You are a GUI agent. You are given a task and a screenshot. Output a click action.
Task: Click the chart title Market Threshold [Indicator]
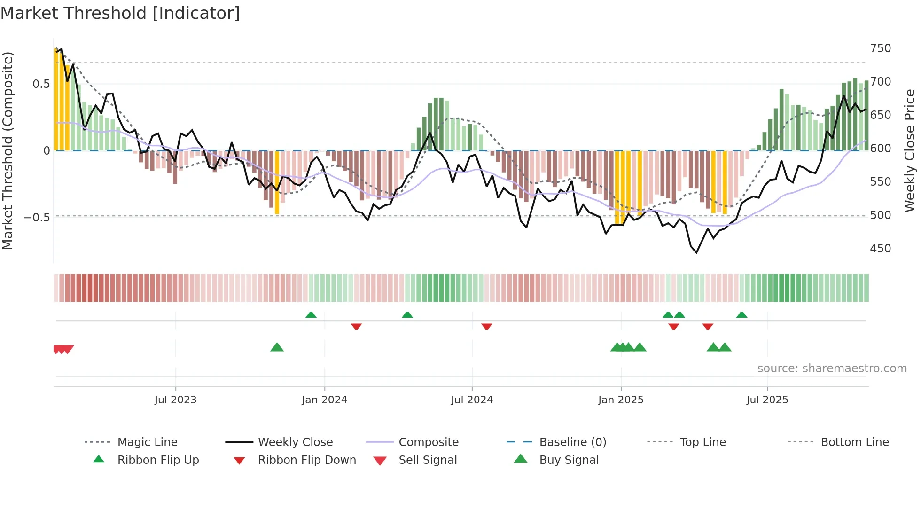click(120, 13)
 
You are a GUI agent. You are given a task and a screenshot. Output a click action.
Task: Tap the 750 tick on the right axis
click(880, 48)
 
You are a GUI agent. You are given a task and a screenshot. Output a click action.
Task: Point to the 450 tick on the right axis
click(880, 249)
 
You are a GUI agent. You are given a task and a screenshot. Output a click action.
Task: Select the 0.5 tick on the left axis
click(41, 84)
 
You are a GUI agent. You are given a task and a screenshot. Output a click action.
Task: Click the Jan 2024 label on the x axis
click(324, 400)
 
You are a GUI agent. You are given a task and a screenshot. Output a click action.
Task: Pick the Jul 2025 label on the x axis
click(767, 400)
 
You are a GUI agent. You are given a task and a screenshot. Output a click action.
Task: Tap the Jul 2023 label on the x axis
click(175, 400)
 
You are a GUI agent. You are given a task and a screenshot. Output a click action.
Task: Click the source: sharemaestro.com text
click(832, 369)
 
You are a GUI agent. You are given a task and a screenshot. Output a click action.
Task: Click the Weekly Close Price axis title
click(910, 150)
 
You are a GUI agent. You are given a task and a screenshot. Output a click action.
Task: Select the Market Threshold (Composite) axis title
click(8, 150)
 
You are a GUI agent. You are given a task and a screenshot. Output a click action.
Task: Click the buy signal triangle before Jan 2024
click(277, 347)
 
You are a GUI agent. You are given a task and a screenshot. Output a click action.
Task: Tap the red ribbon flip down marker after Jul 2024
click(486, 326)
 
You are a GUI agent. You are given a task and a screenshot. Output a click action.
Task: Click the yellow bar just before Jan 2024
click(277, 183)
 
